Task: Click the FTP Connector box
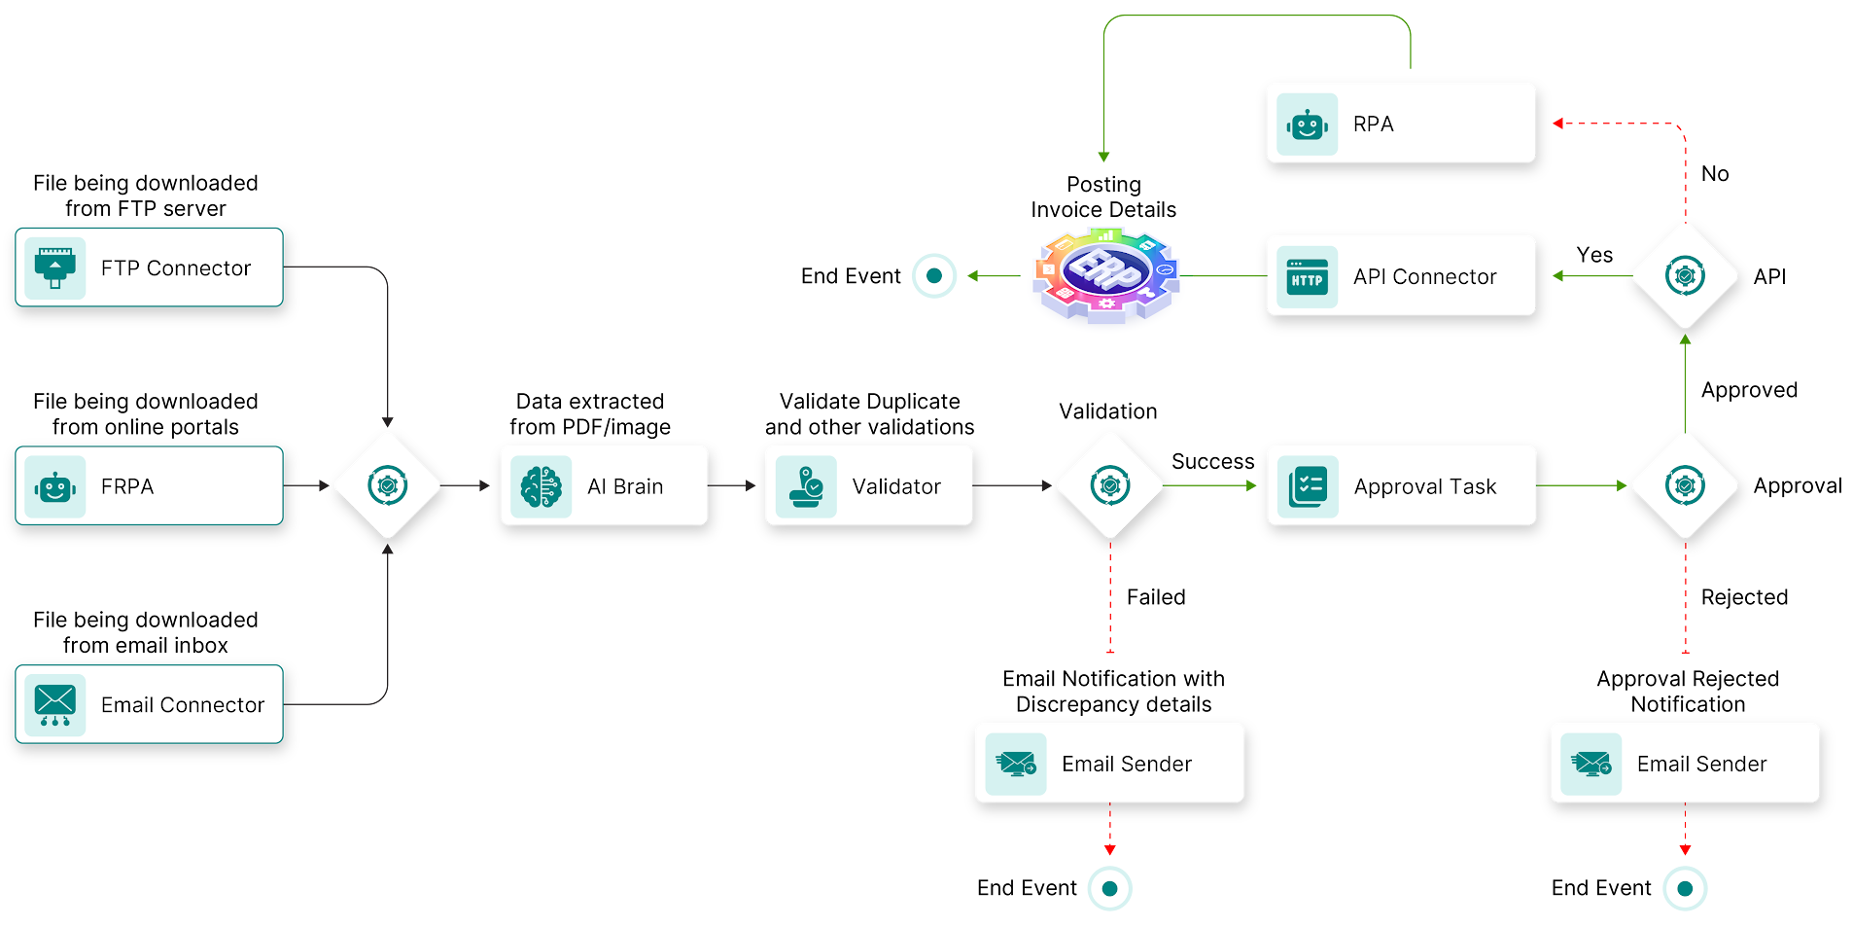(149, 267)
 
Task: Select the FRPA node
(149, 485)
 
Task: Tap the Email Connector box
(149, 704)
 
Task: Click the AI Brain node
(604, 485)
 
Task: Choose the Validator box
(868, 485)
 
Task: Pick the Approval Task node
(1401, 485)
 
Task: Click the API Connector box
(1400, 276)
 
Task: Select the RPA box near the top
(1400, 124)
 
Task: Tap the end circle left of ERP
(934, 275)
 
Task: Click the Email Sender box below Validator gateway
(1109, 764)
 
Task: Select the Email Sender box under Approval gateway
(1684, 764)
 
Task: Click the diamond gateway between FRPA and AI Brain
(388, 485)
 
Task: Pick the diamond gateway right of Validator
(1110, 485)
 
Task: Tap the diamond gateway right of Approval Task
(1685, 485)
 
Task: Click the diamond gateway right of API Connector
(1685, 276)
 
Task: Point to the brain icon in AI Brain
(541, 486)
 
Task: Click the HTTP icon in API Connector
(1307, 277)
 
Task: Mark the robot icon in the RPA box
(1307, 125)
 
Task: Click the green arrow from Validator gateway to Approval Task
(1210, 485)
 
